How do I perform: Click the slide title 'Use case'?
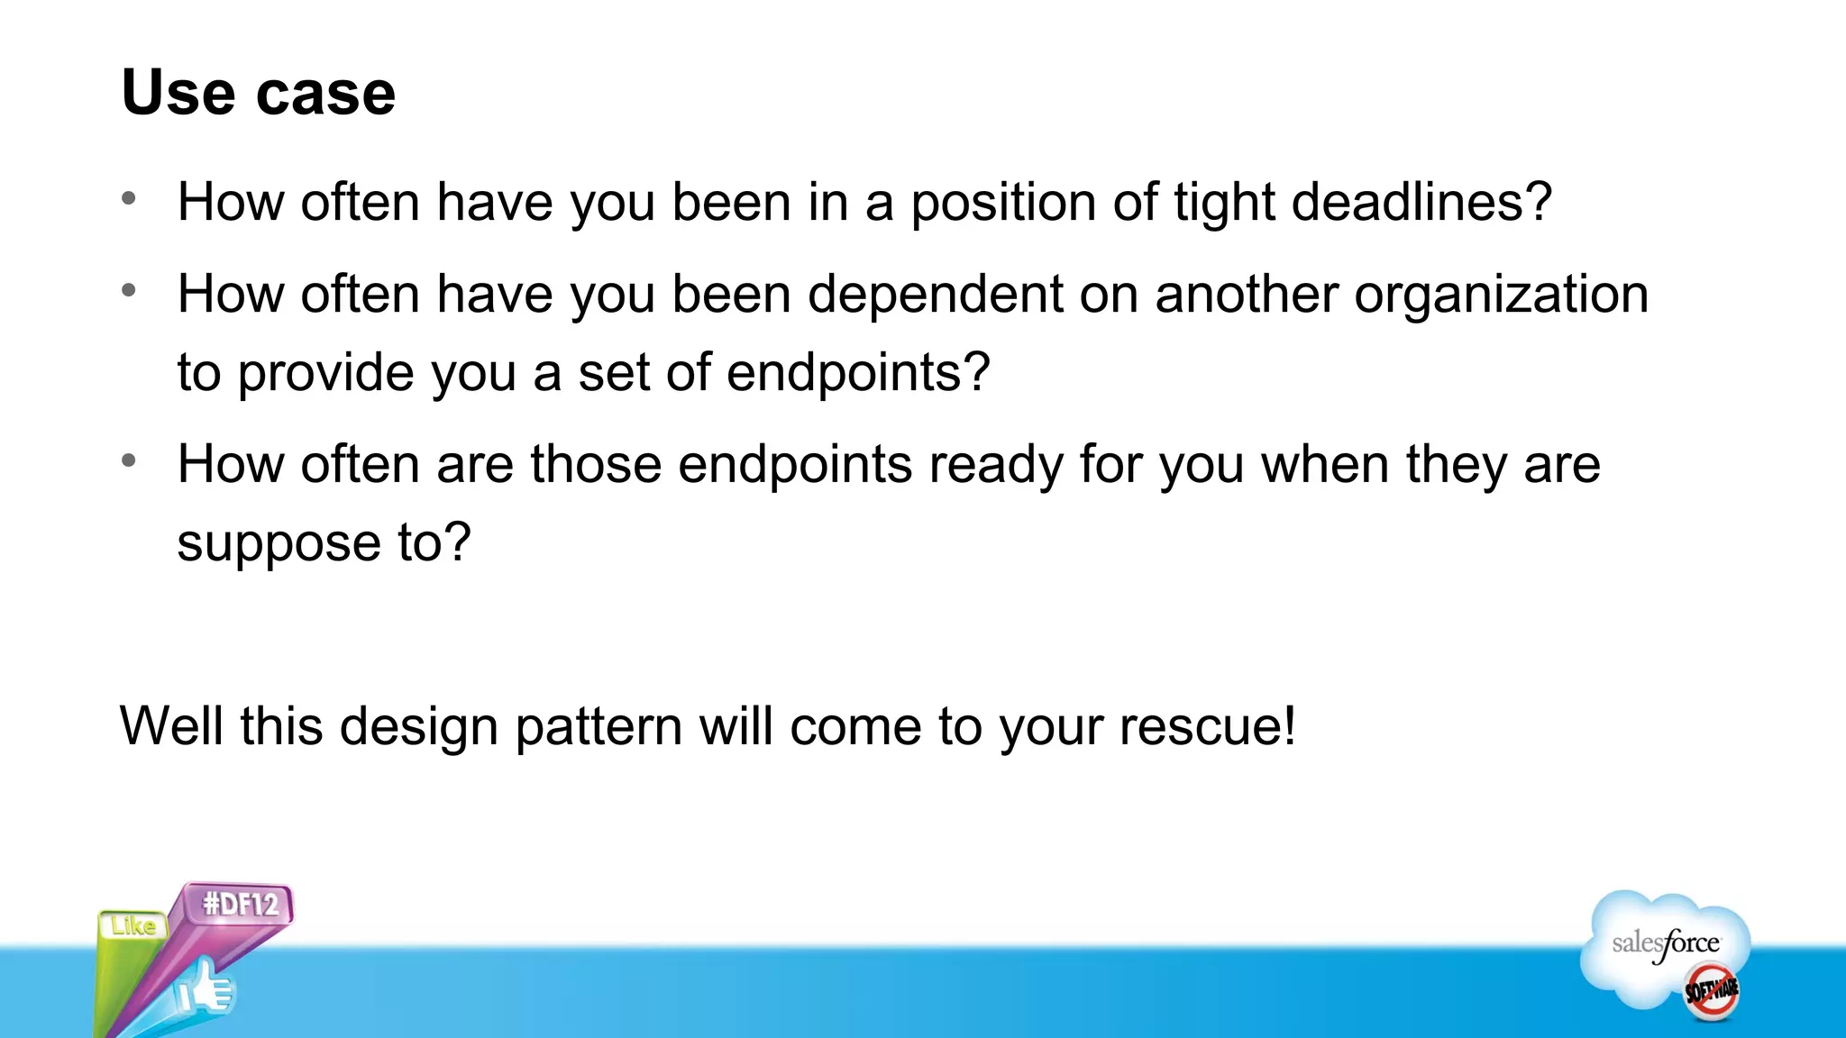tap(259, 93)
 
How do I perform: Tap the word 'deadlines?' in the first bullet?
tap(1421, 202)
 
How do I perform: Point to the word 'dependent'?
tap(935, 296)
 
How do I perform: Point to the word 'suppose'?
tap(279, 543)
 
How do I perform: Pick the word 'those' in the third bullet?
tap(596, 464)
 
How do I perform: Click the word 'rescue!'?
tap(1207, 726)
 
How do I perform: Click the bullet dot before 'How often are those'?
tap(129, 460)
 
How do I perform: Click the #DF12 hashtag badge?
tap(241, 903)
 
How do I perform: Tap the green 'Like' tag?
tap(133, 925)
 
